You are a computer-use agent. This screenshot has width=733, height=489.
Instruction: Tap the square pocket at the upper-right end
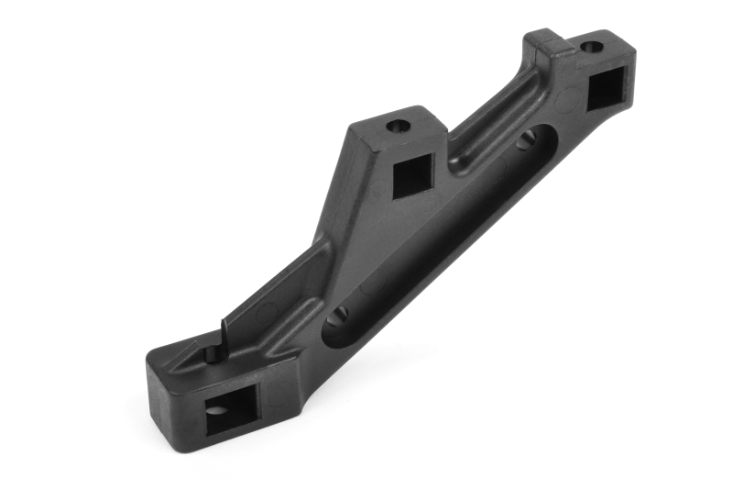tap(604, 90)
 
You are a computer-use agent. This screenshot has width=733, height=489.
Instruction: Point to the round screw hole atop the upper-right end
tap(592, 45)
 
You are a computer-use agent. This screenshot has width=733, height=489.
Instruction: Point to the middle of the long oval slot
tap(431, 229)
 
